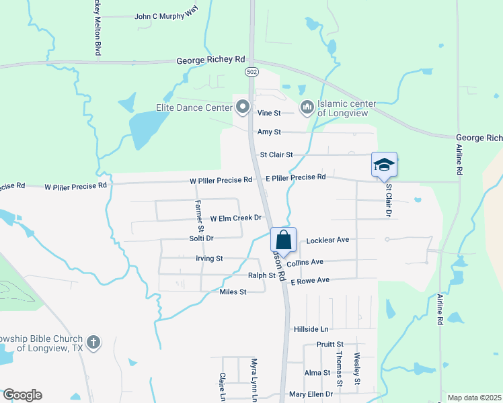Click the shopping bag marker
tap(283, 240)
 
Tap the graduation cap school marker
tap(384, 165)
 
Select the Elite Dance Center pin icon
tap(243, 106)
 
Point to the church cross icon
tap(93, 343)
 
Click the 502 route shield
tap(251, 71)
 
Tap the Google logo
tap(22, 395)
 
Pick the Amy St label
tap(269, 132)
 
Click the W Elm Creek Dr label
tap(235, 218)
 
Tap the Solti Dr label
tap(201, 238)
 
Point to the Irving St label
tap(209, 259)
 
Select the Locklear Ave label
tap(327, 240)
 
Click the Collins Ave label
tap(305, 262)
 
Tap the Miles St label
tap(233, 292)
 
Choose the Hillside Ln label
tap(311, 329)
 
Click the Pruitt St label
tap(330, 344)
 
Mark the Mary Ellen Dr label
tap(311, 394)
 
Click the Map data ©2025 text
tap(473, 398)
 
